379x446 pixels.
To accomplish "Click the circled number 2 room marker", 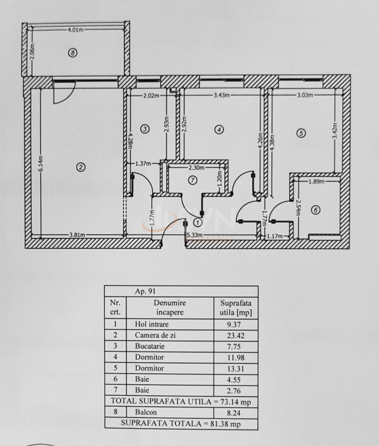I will [80, 166].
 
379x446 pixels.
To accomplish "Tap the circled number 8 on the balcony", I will [73, 53].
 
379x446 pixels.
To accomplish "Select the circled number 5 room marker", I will [301, 133].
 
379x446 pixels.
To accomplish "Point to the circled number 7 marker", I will [193, 180].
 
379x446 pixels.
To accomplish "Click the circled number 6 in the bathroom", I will [315, 211].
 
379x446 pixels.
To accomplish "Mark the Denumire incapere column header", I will [170, 307].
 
